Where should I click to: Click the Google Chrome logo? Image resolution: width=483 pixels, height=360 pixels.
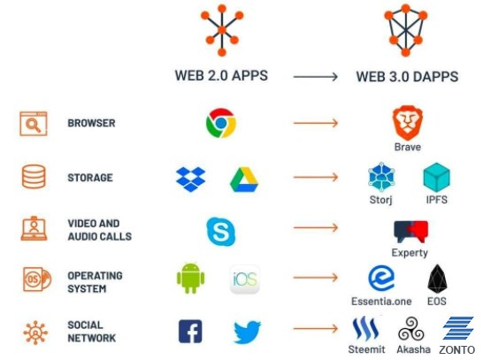(221, 123)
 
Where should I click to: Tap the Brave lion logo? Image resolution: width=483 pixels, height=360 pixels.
(407, 123)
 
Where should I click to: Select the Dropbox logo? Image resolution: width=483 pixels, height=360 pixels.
(191, 180)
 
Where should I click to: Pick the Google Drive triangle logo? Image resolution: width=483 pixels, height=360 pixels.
(244, 180)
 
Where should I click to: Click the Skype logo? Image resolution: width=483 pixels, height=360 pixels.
(221, 231)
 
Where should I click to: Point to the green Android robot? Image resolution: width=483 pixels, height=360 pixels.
(190, 278)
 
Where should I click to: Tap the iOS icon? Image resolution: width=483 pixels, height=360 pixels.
(245, 280)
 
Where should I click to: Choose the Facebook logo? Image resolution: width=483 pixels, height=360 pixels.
(190, 332)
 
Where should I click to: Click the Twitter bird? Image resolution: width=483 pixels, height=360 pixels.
(247, 332)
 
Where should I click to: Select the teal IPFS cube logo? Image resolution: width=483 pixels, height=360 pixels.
(436, 178)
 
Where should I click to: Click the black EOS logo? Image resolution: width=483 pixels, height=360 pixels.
(437, 279)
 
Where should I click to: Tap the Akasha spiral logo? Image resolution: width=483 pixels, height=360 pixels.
(411, 330)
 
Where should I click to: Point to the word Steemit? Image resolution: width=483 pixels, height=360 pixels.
(366, 349)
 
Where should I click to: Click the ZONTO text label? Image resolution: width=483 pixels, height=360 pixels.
(457, 350)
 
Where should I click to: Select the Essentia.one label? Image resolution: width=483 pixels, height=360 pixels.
(381, 301)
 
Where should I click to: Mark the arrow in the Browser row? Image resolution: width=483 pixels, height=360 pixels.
(316, 123)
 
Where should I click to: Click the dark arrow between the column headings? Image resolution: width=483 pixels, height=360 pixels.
(316, 76)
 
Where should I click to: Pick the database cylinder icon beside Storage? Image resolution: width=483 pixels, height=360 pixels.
(34, 176)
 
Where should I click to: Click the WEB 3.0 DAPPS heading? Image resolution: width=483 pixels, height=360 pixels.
(407, 76)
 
